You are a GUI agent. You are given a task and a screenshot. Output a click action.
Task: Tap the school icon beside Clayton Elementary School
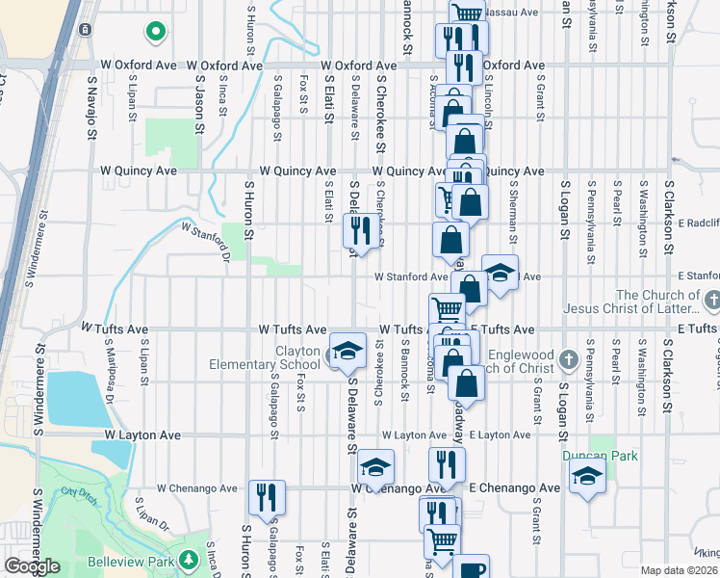348,349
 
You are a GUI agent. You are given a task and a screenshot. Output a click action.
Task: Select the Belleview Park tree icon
190,559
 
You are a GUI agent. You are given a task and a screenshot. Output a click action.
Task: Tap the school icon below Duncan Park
587,476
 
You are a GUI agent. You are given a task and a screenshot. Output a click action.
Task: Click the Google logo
32,566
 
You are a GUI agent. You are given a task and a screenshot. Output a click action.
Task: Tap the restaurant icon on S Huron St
266,496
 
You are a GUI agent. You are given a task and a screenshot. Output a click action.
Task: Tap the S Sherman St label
513,208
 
